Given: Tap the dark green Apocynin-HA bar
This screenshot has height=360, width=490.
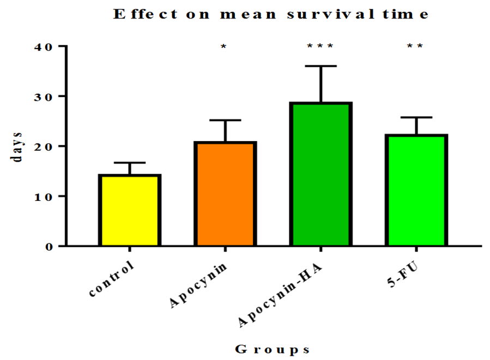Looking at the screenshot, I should click(x=320, y=174).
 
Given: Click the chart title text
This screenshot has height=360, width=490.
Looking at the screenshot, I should click(x=271, y=15).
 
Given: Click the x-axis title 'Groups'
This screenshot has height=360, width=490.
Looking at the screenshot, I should click(x=273, y=349).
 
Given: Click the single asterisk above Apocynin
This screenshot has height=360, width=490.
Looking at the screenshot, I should click(x=223, y=47).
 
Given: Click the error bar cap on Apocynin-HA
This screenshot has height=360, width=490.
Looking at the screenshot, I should click(x=320, y=66).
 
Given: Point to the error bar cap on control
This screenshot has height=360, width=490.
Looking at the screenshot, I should click(x=130, y=163).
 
